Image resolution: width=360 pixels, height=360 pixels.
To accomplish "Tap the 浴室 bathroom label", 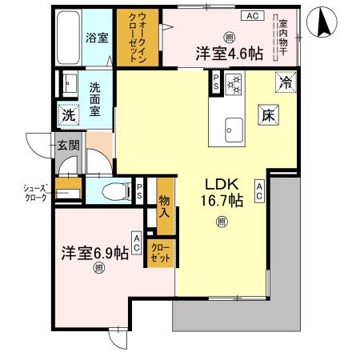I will coord(98,37).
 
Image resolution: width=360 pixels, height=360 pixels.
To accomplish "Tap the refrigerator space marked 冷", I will coord(285,81).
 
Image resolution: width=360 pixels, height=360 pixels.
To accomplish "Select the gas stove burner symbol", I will coord(235,84).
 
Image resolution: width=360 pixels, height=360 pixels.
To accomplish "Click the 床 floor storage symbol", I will coord(269,116).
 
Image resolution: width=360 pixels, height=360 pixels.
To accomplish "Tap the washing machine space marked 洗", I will coord(70,115).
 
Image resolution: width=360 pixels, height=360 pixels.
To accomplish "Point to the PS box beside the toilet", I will coord(139,191).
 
